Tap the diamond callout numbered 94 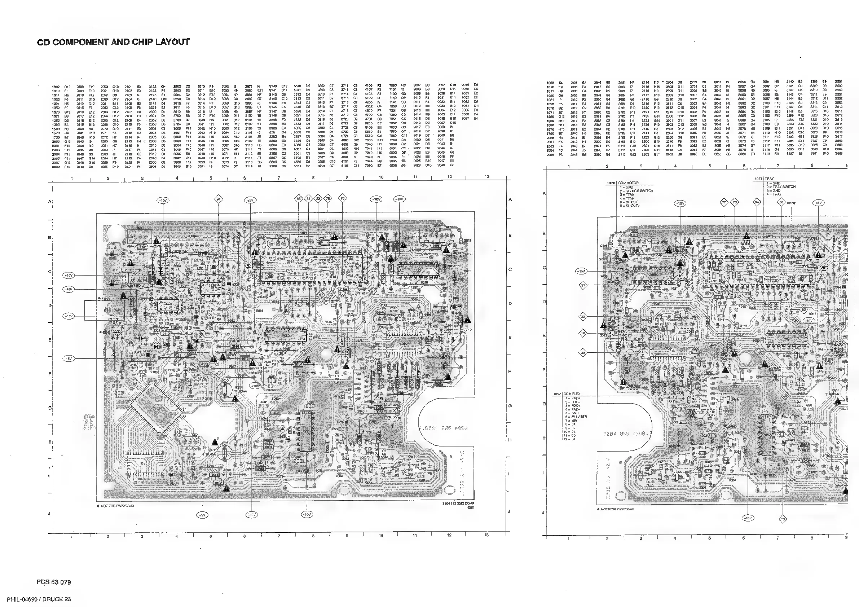click(x=219, y=199)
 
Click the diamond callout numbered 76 click(x=342, y=198)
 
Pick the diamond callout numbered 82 click(x=318, y=198)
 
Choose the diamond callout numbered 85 click(x=299, y=199)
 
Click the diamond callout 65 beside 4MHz click(x=781, y=202)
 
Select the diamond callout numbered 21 click(x=583, y=285)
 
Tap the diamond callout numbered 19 click(x=783, y=519)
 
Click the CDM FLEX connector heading click(x=572, y=394)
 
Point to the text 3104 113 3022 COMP click(x=458, y=504)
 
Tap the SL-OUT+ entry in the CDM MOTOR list click(x=633, y=206)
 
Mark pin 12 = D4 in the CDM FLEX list click(x=571, y=439)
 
